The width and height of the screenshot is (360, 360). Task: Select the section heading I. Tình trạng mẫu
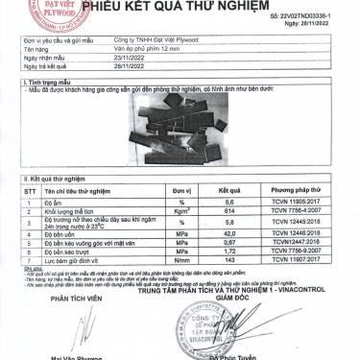tap(39, 84)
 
